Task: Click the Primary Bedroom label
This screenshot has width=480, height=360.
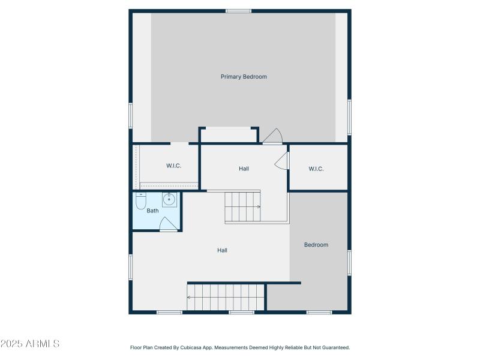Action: pos(244,77)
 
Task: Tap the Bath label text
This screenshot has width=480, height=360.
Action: pos(152,211)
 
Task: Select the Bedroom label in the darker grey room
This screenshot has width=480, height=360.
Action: pos(316,245)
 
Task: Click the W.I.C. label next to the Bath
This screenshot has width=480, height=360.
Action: pos(173,166)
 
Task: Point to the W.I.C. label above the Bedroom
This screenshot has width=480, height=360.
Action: pos(316,169)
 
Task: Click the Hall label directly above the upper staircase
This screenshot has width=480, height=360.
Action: pos(244,169)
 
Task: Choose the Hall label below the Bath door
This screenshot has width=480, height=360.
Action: pos(222,250)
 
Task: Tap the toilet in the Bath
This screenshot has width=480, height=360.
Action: pos(141,202)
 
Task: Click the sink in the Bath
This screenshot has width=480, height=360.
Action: pos(170,199)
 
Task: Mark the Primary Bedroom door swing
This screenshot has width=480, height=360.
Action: pos(273,137)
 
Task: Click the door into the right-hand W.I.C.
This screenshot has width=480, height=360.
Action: pos(282,161)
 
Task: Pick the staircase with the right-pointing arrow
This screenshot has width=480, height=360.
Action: pos(243,207)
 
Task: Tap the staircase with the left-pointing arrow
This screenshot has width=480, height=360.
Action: pos(226,297)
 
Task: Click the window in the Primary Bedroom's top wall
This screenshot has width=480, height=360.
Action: pos(239,11)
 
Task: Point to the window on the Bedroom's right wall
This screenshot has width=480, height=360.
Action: pos(349,262)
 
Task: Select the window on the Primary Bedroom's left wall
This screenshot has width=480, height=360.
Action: pos(131,115)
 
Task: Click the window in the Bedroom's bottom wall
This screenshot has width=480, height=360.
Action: pos(319,312)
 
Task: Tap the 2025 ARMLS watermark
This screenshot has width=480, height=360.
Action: pos(30,344)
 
